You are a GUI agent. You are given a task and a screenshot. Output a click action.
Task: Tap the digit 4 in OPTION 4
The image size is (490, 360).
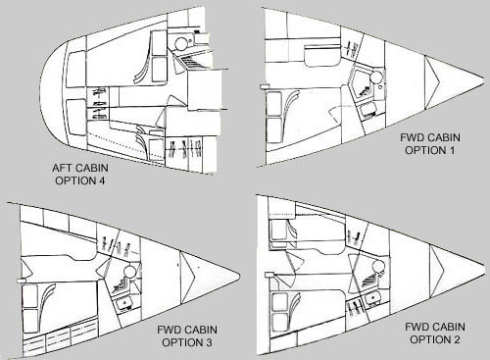(x=101, y=180)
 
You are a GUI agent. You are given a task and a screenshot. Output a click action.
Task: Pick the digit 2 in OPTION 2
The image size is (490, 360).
(x=456, y=339)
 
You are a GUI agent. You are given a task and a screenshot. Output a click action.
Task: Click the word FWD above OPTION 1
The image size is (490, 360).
(x=412, y=137)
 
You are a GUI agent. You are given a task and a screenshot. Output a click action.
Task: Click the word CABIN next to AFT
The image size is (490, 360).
(x=92, y=168)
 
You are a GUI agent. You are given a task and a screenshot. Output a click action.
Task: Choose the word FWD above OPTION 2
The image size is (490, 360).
(x=416, y=327)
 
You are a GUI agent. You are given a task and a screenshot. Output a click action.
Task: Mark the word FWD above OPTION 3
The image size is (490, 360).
(x=169, y=330)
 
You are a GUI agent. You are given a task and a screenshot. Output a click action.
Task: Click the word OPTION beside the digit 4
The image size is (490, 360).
(x=74, y=180)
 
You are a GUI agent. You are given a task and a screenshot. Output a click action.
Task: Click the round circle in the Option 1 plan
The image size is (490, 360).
(x=375, y=77)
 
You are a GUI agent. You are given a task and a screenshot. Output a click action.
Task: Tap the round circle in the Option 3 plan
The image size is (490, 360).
(x=129, y=271)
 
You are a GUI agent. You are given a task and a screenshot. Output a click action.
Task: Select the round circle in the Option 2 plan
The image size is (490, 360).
(x=379, y=267)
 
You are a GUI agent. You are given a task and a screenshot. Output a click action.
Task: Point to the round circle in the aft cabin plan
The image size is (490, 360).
(x=180, y=43)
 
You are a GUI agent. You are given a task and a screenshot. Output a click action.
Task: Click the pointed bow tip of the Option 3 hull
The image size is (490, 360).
(x=240, y=277)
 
